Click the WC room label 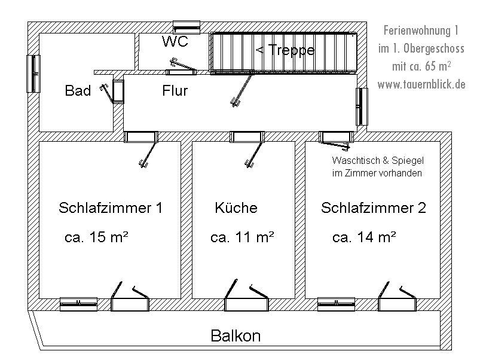[175, 42]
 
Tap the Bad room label [78, 91]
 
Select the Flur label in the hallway [175, 91]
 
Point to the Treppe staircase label [285, 50]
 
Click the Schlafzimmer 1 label [111, 208]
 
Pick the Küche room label [236, 208]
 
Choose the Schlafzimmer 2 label [374, 208]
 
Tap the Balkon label [236, 335]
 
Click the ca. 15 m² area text [97, 237]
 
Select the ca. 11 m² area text [242, 237]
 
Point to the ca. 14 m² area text [364, 237]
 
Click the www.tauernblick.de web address [421, 84]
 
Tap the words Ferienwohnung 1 [421, 29]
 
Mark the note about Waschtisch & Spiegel [377, 167]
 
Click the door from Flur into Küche [248, 138]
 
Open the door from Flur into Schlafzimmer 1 [142, 138]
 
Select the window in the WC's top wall [187, 26]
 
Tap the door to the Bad [118, 90]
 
